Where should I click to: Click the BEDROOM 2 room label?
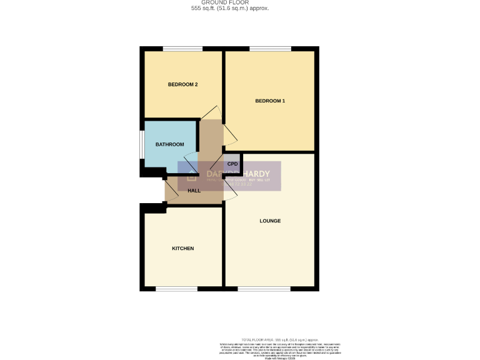[x=182, y=84]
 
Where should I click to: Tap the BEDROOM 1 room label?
[x=270, y=101]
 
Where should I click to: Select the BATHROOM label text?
[x=170, y=144]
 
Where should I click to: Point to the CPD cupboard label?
[x=232, y=164]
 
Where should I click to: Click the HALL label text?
[x=194, y=190]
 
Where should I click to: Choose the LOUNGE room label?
[x=270, y=221]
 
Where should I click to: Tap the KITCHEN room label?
[x=182, y=248]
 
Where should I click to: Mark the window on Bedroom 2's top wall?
[x=182, y=49]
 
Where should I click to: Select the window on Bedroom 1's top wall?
[x=270, y=49]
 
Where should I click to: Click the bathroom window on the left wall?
[x=142, y=148]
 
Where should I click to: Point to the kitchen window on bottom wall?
[x=177, y=288]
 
